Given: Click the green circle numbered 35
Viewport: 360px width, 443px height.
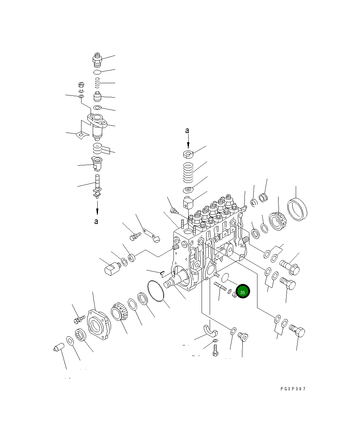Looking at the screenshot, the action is (x=243, y=291).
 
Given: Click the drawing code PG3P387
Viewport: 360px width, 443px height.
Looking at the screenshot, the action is (x=293, y=389).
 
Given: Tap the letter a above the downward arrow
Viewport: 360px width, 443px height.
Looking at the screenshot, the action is (x=187, y=131).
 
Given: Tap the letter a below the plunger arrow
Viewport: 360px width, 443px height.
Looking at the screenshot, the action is (x=96, y=221).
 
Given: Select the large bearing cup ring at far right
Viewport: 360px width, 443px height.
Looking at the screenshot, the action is (x=297, y=209).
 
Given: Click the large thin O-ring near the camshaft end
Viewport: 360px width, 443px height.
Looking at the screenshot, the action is (x=156, y=291).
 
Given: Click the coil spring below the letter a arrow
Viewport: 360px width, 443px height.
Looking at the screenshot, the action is (x=188, y=173).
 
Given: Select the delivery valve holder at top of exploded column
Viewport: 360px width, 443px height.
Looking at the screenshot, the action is (x=97, y=60).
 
